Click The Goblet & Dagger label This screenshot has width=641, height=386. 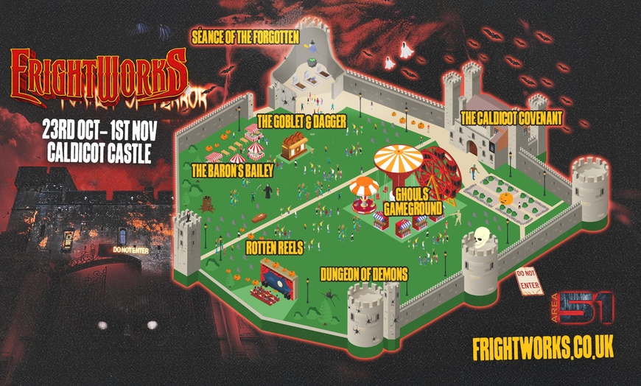click(x=301, y=121)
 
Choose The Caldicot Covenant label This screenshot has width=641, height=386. click(x=511, y=117)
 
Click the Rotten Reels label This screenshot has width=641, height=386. click(x=275, y=248)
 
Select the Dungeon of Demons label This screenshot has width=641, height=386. click(x=364, y=275)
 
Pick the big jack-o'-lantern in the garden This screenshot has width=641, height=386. click(x=506, y=198)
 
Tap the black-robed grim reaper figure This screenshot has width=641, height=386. click(x=268, y=192)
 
